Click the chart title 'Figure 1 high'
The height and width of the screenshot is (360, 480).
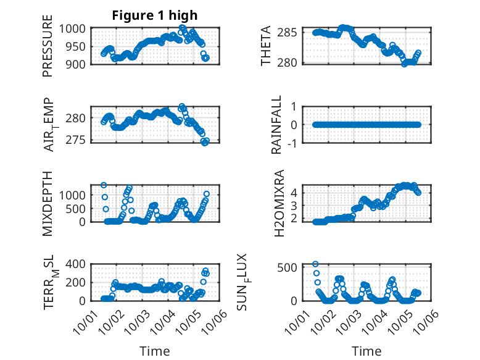click(155, 15)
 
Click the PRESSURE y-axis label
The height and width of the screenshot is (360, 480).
click(48, 50)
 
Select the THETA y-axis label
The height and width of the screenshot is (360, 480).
click(266, 46)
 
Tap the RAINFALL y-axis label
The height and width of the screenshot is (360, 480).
click(277, 125)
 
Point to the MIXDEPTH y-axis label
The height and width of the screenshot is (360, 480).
click(48, 203)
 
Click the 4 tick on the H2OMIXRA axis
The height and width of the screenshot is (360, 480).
click(295, 192)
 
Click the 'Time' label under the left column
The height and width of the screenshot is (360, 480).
click(155, 351)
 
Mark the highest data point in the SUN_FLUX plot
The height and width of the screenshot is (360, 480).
click(315, 264)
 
